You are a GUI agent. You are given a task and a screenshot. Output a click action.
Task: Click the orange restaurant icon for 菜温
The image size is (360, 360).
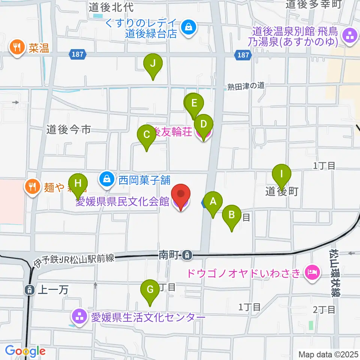pyautogui.click(x=17, y=48)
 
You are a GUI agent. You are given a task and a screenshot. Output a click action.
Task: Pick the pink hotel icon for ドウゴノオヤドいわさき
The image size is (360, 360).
pyautogui.click(x=312, y=271)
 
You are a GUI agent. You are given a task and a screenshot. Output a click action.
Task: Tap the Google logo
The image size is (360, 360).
pyautogui.click(x=25, y=351)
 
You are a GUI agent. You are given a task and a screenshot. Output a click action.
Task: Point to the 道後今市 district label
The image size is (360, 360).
pyautogui.click(x=69, y=130)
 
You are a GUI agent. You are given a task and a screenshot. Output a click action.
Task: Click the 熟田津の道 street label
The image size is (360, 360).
pyautogui.click(x=246, y=86)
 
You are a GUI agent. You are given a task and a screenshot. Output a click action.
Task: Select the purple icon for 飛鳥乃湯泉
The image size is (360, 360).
pyautogui.click(x=350, y=37)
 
